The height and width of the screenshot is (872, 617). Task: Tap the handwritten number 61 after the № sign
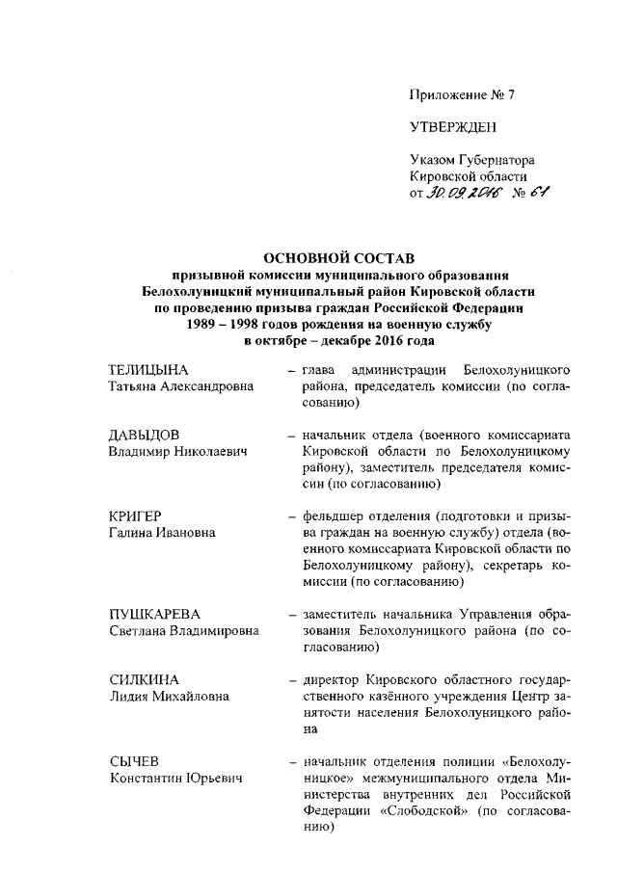click(538, 195)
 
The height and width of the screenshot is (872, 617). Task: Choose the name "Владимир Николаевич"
click(173, 451)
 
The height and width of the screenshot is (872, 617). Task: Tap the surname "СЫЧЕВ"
click(132, 760)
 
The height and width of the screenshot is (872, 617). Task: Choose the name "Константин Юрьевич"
click(174, 777)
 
